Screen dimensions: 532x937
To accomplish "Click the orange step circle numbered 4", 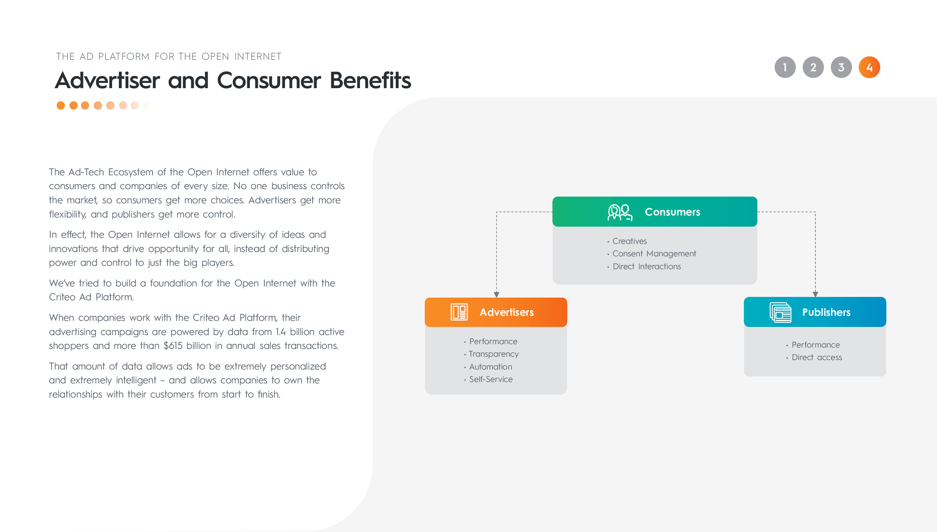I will [869, 67].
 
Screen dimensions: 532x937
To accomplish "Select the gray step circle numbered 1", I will [785, 67].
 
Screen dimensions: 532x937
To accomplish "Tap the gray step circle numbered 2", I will [813, 67].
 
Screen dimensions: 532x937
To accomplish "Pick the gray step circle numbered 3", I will [841, 67].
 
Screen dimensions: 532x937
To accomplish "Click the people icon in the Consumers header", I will [620, 212].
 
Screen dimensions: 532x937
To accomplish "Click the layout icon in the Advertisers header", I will [459, 312].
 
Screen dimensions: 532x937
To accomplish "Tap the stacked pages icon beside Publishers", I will [780, 312].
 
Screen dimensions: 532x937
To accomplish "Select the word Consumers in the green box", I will [672, 212].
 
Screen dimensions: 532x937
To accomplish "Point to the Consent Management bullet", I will [654, 254].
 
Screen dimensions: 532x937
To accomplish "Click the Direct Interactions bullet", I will [646, 267].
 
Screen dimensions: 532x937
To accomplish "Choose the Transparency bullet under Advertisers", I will [493, 354].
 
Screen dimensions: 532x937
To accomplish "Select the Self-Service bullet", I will [490, 379].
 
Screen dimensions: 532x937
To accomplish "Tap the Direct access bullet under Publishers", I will [816, 357].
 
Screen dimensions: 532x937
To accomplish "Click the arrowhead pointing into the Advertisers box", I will [496, 295].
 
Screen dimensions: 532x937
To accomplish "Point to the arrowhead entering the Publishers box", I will [815, 294].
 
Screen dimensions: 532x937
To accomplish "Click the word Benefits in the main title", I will [370, 80].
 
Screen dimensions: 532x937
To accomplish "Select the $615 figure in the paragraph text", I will [173, 346].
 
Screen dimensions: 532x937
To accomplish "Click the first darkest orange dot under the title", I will [61, 106].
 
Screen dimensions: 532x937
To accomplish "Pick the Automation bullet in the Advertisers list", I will [490, 366].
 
